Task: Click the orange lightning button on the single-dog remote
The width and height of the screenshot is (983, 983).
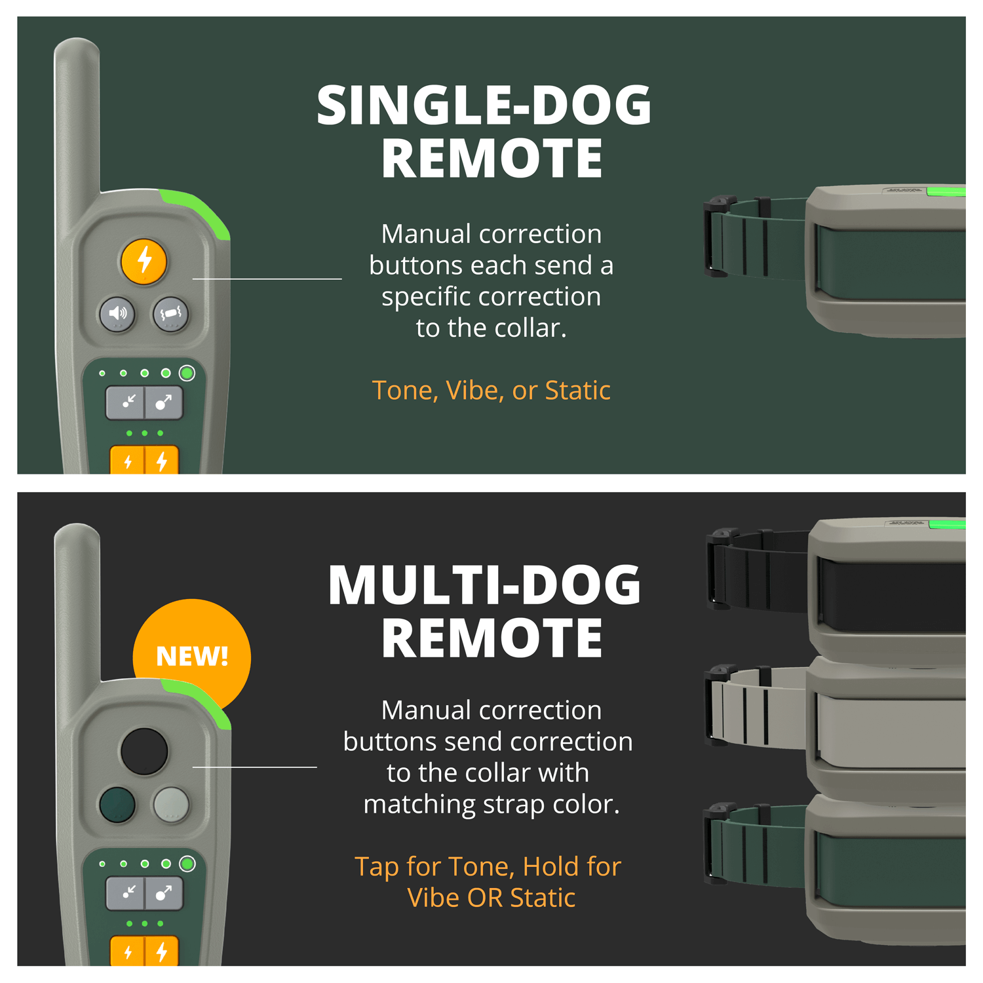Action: tap(144, 261)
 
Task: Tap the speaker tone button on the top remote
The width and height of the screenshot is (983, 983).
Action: tap(117, 314)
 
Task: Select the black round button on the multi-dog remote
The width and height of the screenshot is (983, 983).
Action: tap(144, 751)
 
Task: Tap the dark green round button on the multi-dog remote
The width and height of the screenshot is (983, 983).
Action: tap(117, 805)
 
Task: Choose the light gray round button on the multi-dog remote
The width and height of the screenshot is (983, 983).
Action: tap(171, 805)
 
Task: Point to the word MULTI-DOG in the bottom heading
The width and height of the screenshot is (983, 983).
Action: tap(484, 585)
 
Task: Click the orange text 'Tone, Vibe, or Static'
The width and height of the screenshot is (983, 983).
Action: tap(491, 391)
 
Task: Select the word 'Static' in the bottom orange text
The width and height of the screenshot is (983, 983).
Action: tap(543, 898)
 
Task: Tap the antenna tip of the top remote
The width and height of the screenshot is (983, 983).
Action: tap(77, 47)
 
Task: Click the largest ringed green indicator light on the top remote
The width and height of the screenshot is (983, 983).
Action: tap(187, 374)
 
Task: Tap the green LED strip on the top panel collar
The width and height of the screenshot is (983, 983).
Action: tap(946, 191)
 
